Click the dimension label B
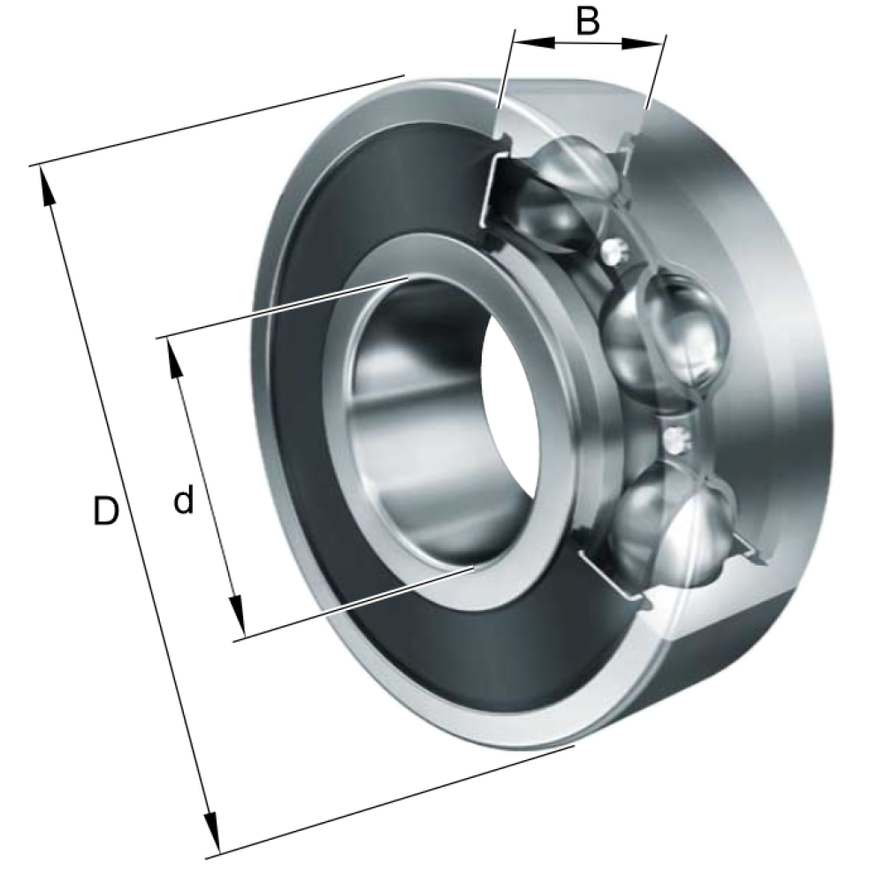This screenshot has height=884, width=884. click(x=588, y=21)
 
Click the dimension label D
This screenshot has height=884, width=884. click(x=106, y=511)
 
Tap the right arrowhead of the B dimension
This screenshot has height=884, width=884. click(x=642, y=42)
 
